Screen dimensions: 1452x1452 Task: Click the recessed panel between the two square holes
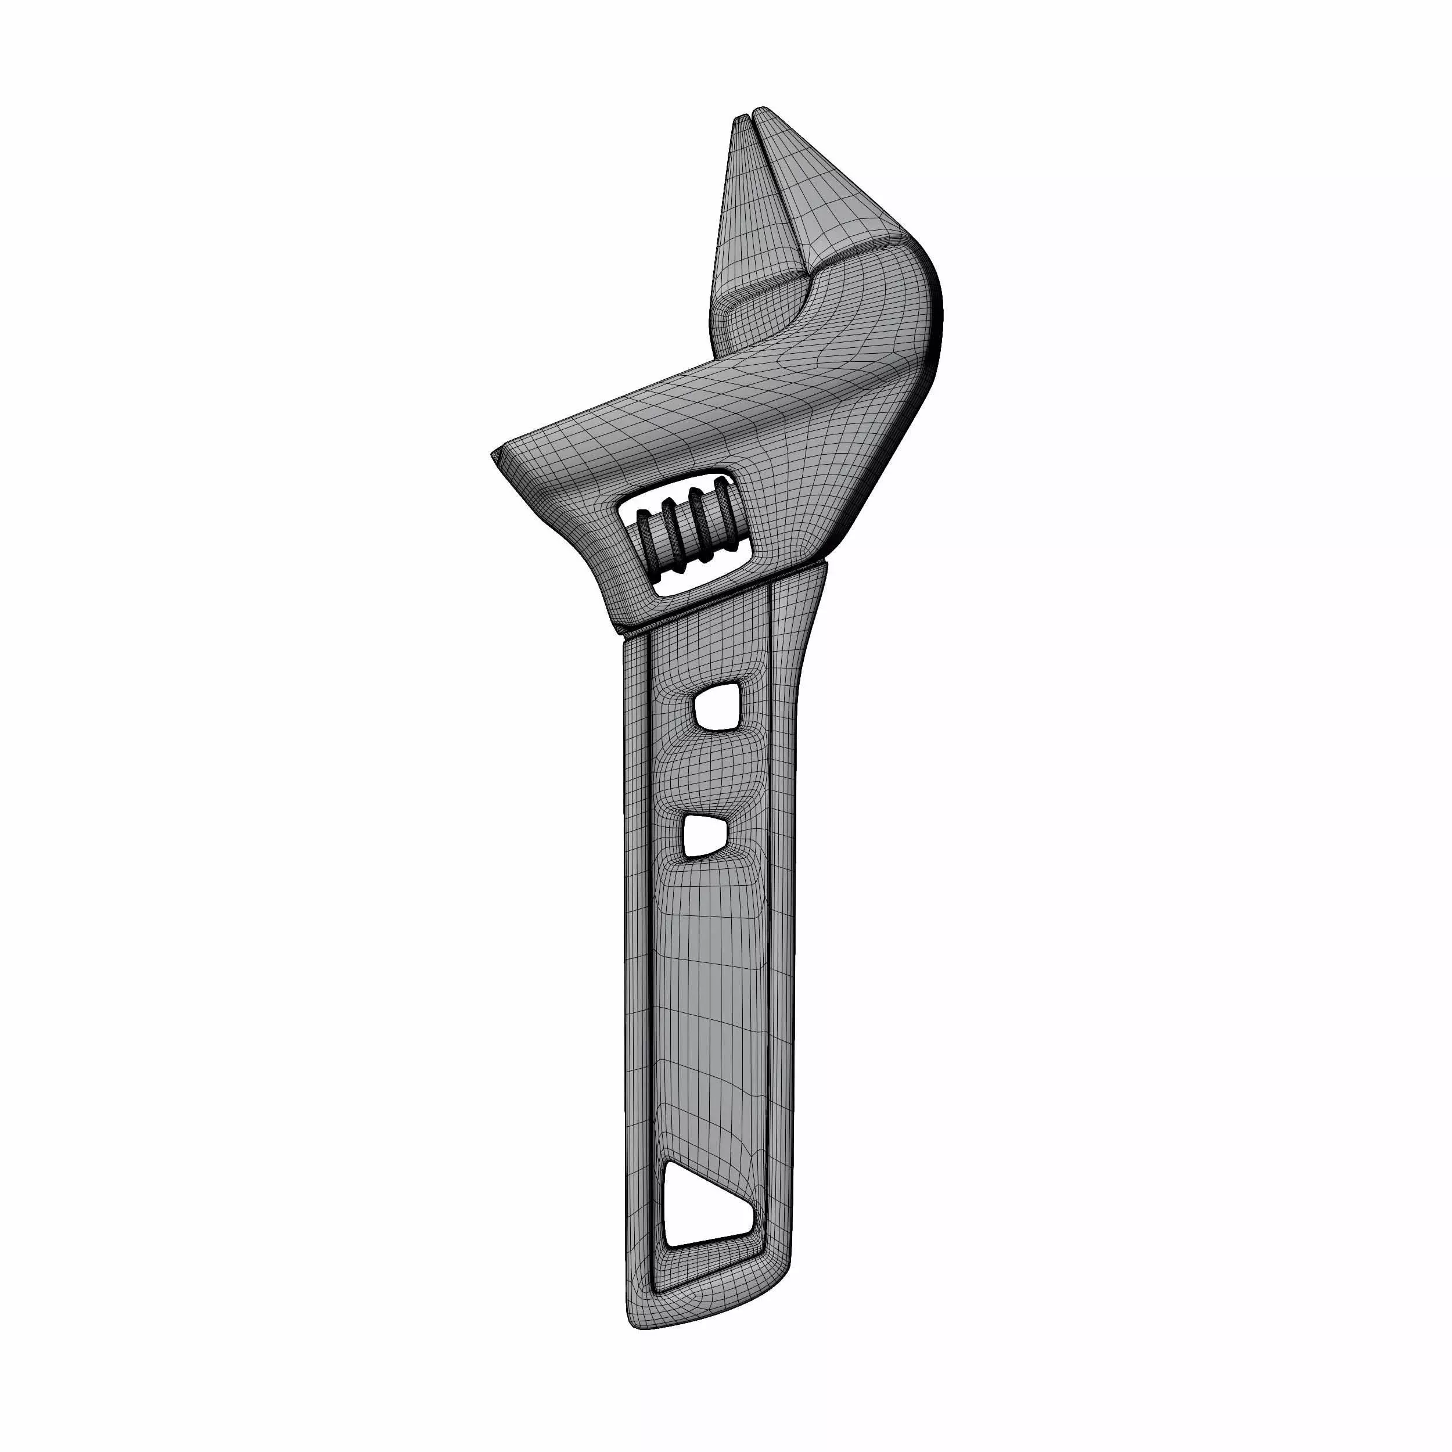click(x=710, y=770)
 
